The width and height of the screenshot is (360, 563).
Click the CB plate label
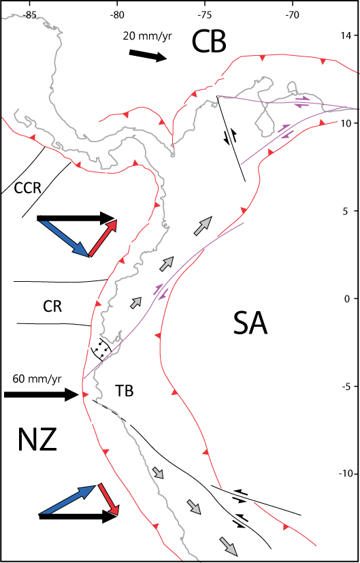[x=209, y=42]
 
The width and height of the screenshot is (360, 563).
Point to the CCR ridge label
[x=27, y=188]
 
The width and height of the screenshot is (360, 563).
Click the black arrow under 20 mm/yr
[x=148, y=56]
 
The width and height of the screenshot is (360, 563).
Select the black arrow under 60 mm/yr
[x=42, y=395]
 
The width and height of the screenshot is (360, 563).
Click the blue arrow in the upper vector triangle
[x=63, y=238]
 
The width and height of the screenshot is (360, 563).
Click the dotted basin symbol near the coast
[x=101, y=349]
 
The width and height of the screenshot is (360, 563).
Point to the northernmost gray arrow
[x=203, y=226]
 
